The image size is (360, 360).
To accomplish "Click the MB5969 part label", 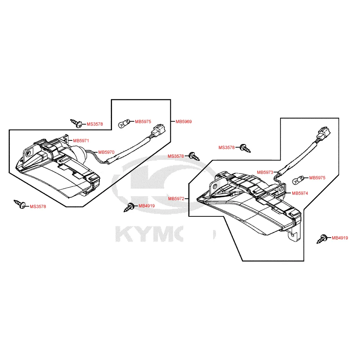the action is coord(184,122).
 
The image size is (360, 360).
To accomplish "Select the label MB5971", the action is coord(81,140).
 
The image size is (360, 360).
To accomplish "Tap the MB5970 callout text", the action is coord(106,152).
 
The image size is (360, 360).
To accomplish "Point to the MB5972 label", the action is coord(176,198).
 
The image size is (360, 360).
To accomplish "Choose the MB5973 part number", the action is coord(265,172).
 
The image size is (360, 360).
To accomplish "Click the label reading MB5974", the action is coord(300,193).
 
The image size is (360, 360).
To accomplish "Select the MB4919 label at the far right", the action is coord(340,238).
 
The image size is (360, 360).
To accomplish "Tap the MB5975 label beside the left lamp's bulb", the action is coord(143,122).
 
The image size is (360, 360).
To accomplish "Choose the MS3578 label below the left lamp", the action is coord(38,207).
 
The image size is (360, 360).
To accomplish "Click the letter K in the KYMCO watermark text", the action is coord(126,234).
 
